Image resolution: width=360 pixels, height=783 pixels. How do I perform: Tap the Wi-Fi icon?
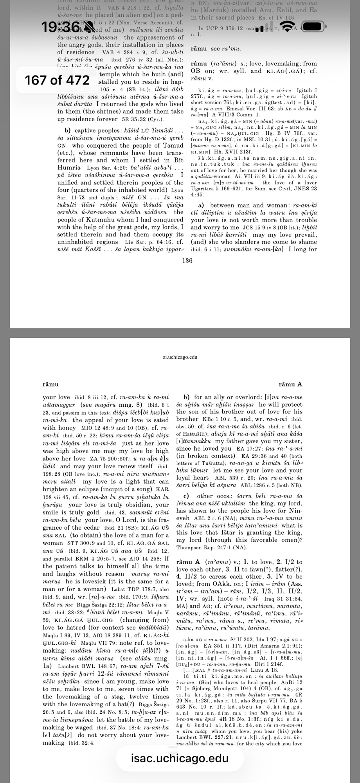288,27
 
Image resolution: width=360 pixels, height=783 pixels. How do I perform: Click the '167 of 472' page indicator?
57,80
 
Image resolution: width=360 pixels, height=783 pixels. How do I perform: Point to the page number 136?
187,261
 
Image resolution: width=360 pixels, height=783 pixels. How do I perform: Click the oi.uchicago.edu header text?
180,357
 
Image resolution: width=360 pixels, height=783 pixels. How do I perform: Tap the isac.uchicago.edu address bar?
180,758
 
